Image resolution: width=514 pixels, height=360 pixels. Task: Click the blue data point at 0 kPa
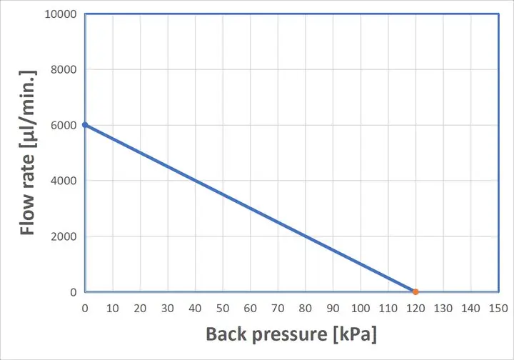(x=85, y=125)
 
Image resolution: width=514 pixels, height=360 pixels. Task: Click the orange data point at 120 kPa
(x=415, y=291)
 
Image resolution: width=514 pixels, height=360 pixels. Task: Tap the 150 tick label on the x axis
(x=498, y=308)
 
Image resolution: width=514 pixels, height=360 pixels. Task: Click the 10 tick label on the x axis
(x=112, y=308)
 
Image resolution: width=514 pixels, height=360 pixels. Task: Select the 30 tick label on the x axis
(x=168, y=308)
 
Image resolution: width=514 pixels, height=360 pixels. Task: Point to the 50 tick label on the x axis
(x=223, y=308)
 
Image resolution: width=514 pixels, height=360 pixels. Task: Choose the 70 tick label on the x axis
(x=278, y=308)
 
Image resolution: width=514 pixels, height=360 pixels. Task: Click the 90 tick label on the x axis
(x=333, y=308)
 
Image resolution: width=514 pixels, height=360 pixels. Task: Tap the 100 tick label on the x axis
(x=361, y=308)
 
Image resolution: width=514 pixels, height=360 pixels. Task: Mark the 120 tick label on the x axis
(x=415, y=308)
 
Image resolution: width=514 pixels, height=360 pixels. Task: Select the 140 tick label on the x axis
(x=470, y=308)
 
